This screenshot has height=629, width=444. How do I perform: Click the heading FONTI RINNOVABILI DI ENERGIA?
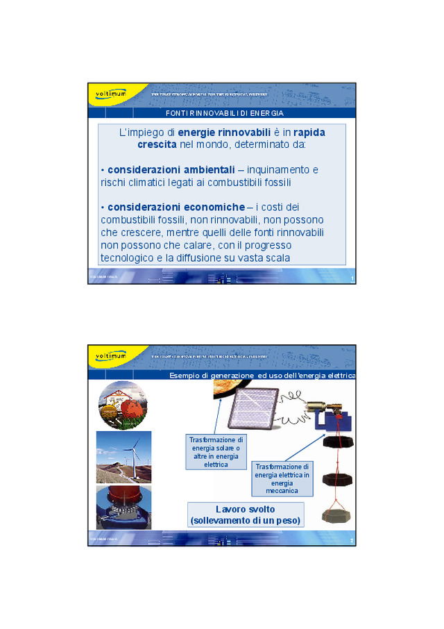[x=224, y=112]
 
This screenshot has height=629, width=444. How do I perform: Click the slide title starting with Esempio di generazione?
[x=262, y=376]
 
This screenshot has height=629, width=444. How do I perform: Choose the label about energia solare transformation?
[x=216, y=452]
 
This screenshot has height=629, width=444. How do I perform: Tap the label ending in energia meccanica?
[x=282, y=478]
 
